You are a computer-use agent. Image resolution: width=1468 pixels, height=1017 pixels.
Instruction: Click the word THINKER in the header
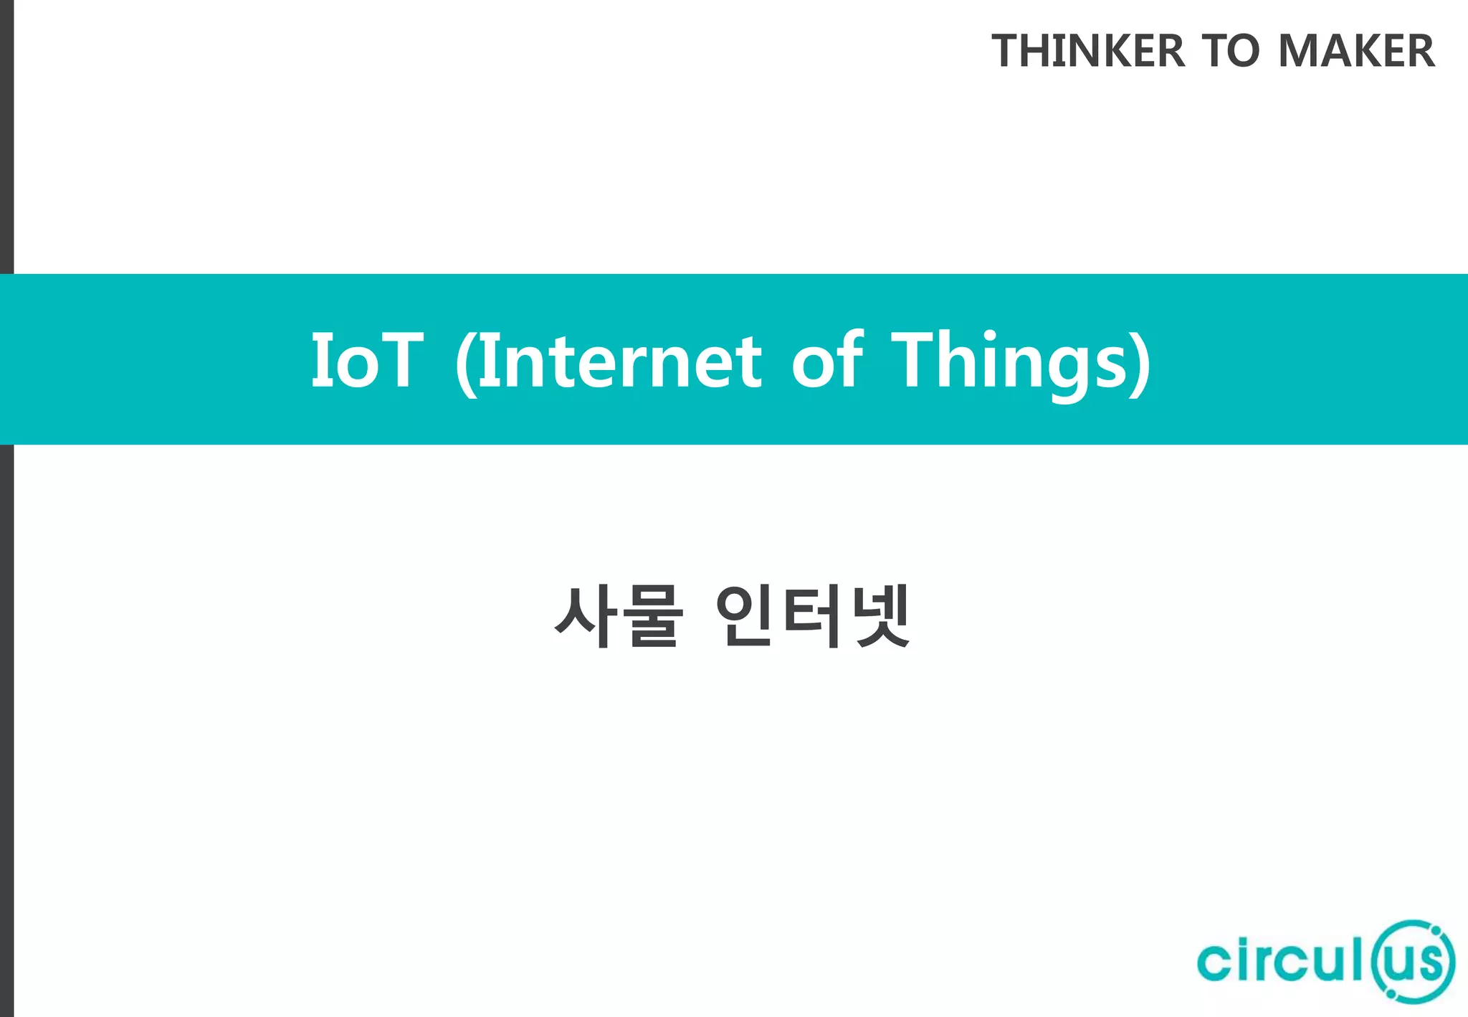1088,51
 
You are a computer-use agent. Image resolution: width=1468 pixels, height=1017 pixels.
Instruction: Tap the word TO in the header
1231,51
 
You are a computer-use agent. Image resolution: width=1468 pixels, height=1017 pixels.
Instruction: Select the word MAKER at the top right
1356,51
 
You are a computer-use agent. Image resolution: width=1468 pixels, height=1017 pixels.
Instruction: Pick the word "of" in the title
827,360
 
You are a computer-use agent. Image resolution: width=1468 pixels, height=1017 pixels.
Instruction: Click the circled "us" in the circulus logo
1413,961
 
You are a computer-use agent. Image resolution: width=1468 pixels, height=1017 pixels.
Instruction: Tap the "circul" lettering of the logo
1280,961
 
